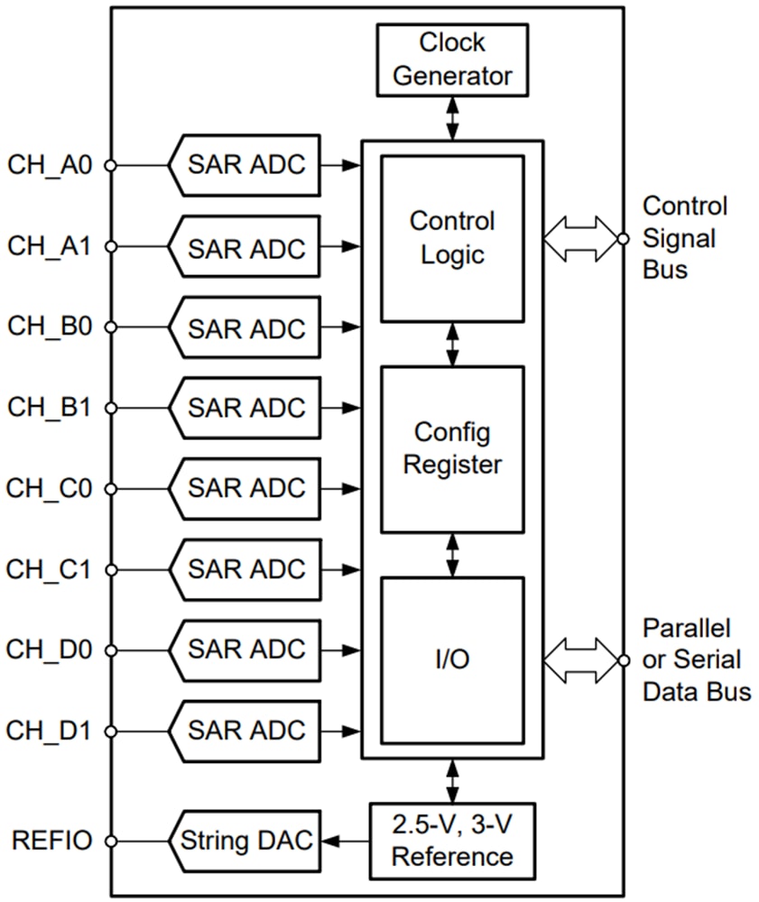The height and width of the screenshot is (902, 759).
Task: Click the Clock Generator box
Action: click(452, 60)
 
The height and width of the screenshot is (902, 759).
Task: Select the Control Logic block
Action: click(452, 238)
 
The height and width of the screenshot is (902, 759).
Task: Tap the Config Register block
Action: click(452, 448)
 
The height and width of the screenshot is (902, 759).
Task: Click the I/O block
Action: click(452, 659)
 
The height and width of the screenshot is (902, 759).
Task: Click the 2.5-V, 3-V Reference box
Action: click(452, 840)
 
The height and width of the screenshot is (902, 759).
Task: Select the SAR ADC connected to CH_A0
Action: click(245, 166)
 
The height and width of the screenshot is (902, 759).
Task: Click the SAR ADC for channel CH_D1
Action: click(245, 730)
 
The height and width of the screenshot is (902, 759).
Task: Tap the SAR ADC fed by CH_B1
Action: click(245, 408)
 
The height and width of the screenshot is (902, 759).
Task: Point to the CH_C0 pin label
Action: click(49, 489)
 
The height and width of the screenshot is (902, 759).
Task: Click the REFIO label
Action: click(51, 842)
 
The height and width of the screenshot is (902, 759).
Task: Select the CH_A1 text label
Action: click(49, 245)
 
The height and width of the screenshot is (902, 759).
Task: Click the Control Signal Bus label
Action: click(684, 238)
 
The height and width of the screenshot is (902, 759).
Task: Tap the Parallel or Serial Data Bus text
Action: click(696, 659)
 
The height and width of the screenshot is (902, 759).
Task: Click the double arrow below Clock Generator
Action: click(452, 118)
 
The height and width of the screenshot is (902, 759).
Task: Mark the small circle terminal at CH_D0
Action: click(111, 649)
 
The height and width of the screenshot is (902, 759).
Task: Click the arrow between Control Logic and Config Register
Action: click(452, 344)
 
